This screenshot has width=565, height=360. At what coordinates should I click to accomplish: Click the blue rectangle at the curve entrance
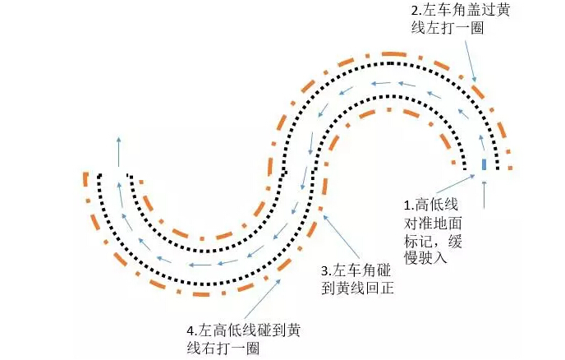[x=484, y=164]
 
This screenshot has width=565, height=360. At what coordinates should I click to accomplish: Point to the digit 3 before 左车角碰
[x=325, y=270]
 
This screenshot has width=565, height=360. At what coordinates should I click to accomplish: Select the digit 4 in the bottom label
[x=191, y=330]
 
